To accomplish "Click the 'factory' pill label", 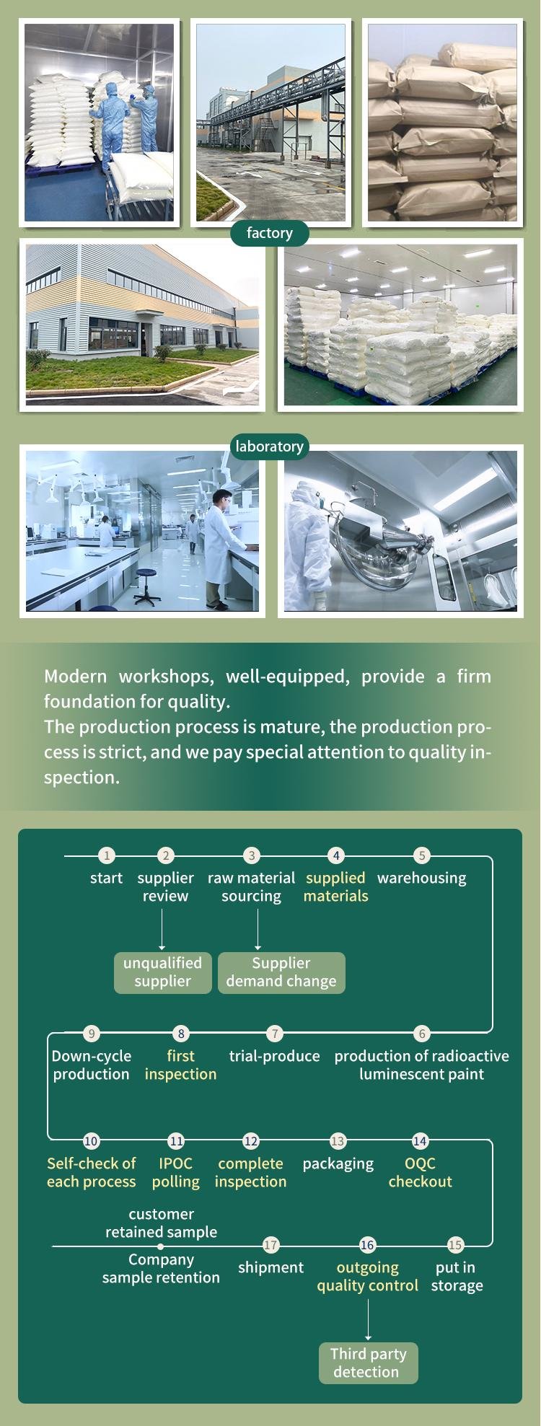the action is click(x=270, y=233).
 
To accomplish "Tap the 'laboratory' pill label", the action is click(x=269, y=446).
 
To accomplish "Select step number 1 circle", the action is click(x=107, y=855).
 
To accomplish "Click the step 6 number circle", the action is click(x=423, y=1034).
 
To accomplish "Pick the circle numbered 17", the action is click(x=270, y=1245).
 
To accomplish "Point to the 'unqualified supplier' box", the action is click(x=163, y=972).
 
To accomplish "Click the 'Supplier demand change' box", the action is click(x=281, y=972).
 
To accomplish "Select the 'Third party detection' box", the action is click(x=369, y=1363).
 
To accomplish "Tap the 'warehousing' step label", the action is click(x=422, y=878).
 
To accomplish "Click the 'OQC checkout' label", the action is click(x=421, y=1173).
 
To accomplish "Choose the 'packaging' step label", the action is click(x=338, y=1164).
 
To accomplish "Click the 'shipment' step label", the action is click(x=270, y=1267).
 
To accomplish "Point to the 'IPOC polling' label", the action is click(x=176, y=1173).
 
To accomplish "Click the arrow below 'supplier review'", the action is click(x=162, y=929).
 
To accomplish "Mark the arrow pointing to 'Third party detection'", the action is click(x=368, y=1320).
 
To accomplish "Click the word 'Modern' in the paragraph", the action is click(x=75, y=677).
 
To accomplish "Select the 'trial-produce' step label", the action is click(x=274, y=1056).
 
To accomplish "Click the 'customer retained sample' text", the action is click(x=162, y=1223).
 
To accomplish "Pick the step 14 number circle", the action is click(x=420, y=1141).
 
